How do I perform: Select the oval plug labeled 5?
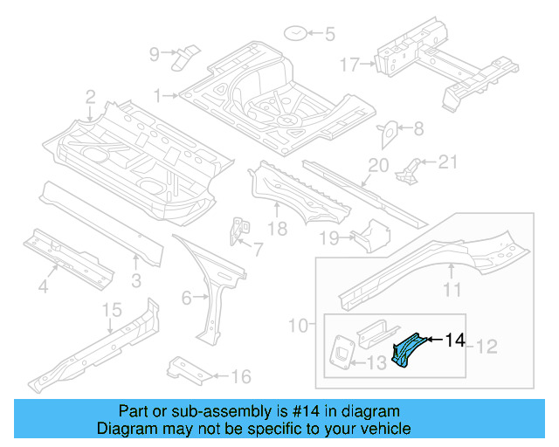tap(296, 34)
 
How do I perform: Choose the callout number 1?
tap(158, 94)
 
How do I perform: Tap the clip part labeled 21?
tap(409, 168)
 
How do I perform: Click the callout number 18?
tap(277, 230)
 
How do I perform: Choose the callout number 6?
tap(186, 299)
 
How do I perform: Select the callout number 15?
tap(112, 309)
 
